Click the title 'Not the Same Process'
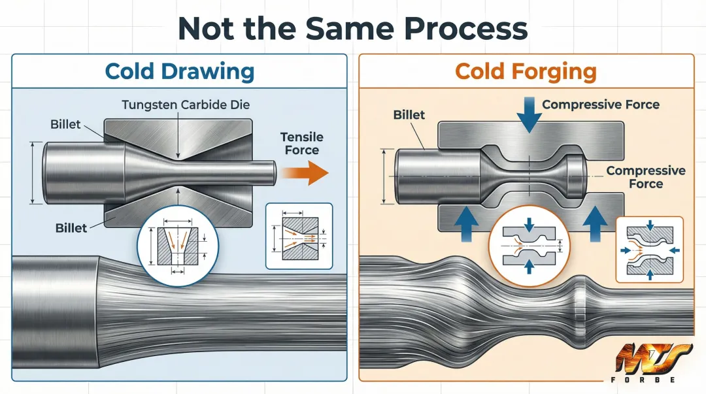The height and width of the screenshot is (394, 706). click(x=352, y=28)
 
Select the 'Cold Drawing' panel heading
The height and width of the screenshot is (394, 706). click(x=179, y=71)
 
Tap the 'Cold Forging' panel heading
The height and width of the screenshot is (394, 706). click(x=526, y=71)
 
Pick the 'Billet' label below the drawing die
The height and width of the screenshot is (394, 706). click(x=71, y=228)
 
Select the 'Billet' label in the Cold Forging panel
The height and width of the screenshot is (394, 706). click(x=409, y=115)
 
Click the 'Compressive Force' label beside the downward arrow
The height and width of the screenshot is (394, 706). click(x=600, y=105)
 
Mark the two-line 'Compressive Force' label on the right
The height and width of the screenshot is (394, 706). click(x=645, y=177)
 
